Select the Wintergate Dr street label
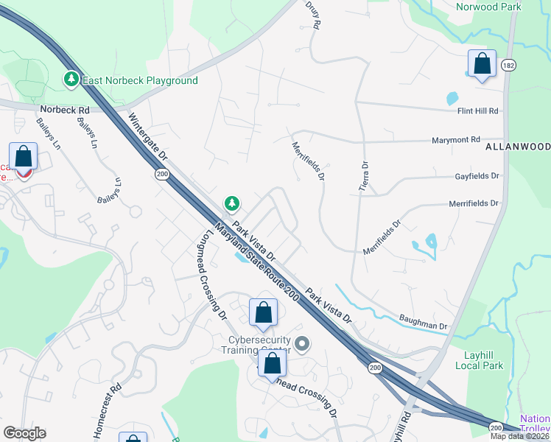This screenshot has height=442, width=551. pyautogui.click(x=148, y=141)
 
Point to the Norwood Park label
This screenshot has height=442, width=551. pyautogui.click(x=488, y=7)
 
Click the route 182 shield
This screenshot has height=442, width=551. pyautogui.click(x=508, y=66)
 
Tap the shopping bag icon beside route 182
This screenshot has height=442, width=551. pyautogui.click(x=482, y=64)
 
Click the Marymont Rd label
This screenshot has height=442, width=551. pyautogui.click(x=455, y=139)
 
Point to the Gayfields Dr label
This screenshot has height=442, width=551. pyautogui.click(x=476, y=177)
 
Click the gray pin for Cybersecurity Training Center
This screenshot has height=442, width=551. pyautogui.click(x=301, y=343)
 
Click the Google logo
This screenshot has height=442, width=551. pyautogui.click(x=24, y=432)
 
